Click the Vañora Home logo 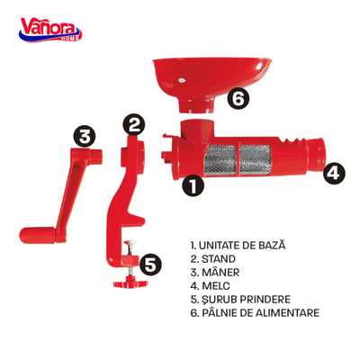(x=50, y=30)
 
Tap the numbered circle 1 (x=193, y=185)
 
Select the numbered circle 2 (x=134, y=124)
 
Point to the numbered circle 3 (x=85, y=137)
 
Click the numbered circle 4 (x=334, y=173)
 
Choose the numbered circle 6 (x=238, y=99)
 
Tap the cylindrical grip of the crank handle (x=38, y=236)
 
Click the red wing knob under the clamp (x=130, y=283)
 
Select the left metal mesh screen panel (x=220, y=160)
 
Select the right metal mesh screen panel (x=256, y=160)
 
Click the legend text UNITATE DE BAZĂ (x=242, y=245)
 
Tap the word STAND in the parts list (x=219, y=259)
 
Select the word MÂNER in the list (x=220, y=272)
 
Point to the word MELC (x=216, y=285)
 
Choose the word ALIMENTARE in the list (x=287, y=312)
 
